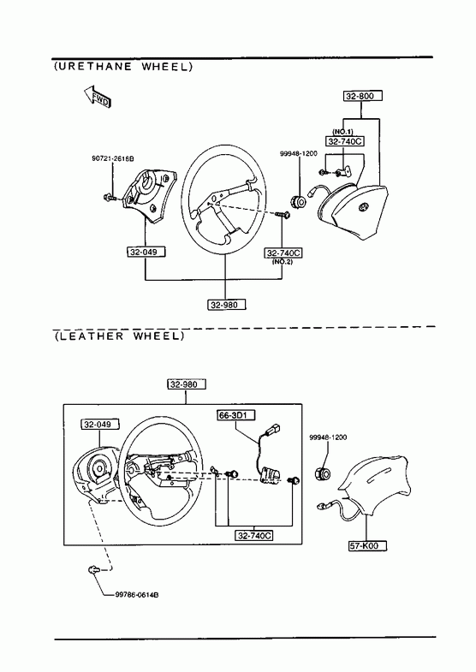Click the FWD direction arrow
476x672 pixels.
tap(97, 96)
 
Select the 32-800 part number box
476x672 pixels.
tap(362, 96)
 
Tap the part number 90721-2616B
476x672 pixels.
tap(113, 158)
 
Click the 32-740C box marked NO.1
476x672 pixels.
tap(345, 141)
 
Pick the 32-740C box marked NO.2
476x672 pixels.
tap(283, 253)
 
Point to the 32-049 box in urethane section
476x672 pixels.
tap(146, 252)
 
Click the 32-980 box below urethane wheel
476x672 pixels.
tap(228, 305)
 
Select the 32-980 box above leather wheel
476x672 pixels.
tap(187, 384)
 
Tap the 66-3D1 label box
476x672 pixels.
tap(236, 415)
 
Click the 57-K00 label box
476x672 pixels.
tap(367, 546)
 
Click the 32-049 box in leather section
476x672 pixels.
tap(100, 425)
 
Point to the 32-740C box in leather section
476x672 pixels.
tap(254, 535)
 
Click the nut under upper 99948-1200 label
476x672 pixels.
tap(298, 199)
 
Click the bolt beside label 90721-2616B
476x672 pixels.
tap(110, 197)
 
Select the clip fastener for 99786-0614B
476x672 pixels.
tap(93, 569)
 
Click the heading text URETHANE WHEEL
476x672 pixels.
tap(124, 67)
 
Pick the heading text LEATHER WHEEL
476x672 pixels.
tap(120, 336)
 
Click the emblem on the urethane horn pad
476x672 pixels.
tap(363, 206)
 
